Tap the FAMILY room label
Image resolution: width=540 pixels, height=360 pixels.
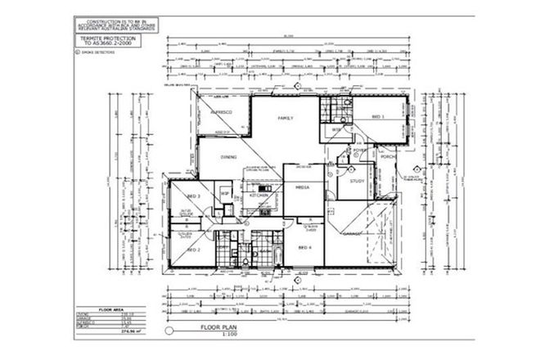286,118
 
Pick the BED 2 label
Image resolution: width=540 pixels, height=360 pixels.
194,249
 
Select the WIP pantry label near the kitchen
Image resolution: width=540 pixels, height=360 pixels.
223,193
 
